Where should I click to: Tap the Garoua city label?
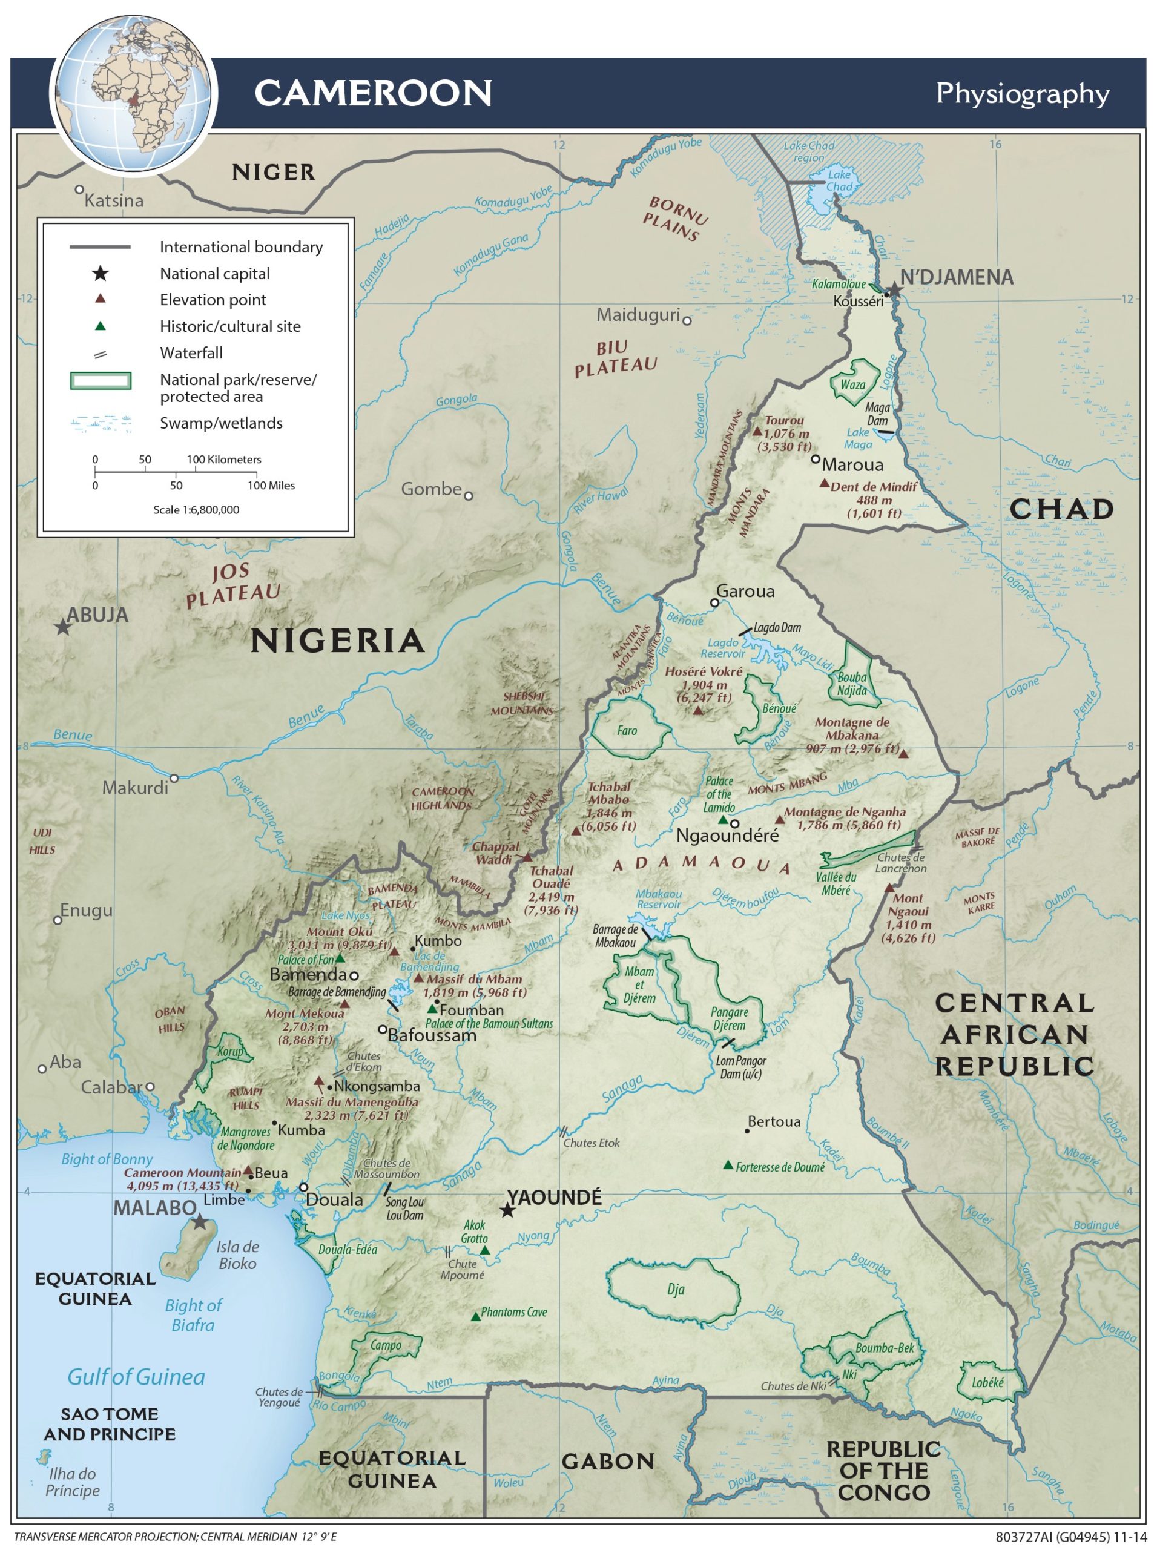point(745,590)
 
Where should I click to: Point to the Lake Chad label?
point(839,180)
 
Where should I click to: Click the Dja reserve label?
point(675,1290)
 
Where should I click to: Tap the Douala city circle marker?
point(303,1187)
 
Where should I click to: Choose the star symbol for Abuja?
point(63,627)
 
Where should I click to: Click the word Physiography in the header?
point(1022,93)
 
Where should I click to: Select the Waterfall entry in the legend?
point(191,352)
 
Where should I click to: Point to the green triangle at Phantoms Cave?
point(475,1317)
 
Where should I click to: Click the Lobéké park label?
point(987,1383)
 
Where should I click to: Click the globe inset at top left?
point(133,93)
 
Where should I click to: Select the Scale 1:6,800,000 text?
point(196,509)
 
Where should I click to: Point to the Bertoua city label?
point(774,1121)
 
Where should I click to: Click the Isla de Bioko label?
point(237,1255)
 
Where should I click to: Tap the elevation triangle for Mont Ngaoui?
point(889,888)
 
